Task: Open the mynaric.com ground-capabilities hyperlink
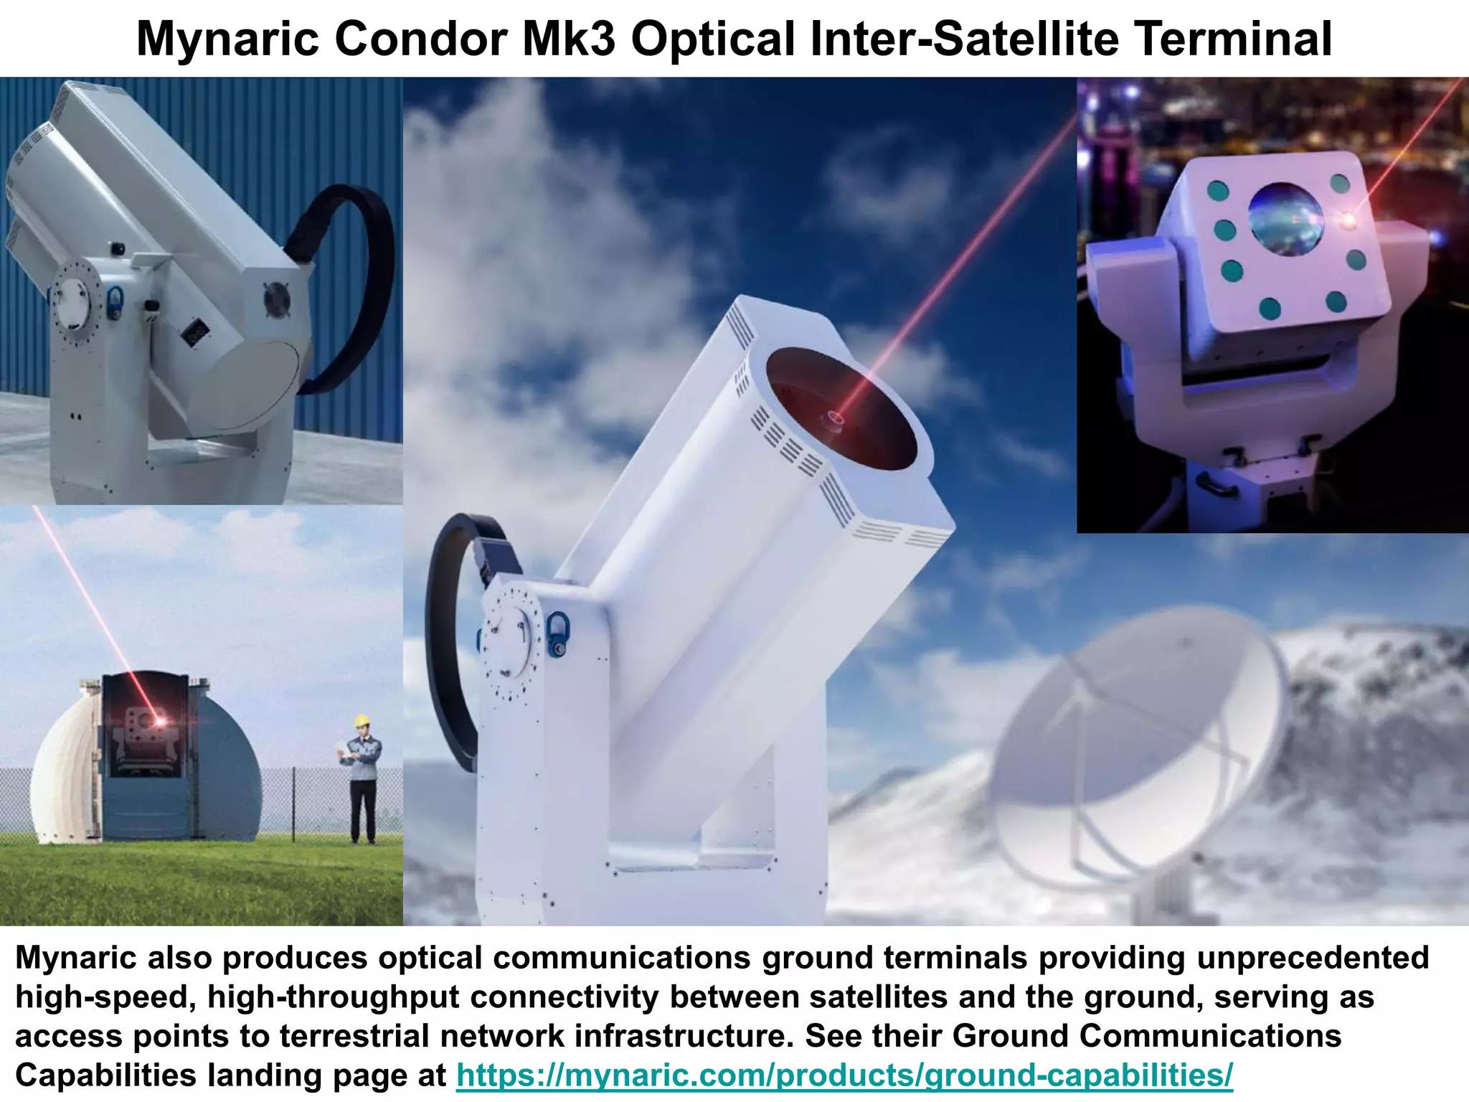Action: coord(844,1075)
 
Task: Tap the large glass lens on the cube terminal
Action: coord(1285,219)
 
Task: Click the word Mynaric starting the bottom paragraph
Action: coord(76,958)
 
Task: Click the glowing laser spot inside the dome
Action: coord(159,720)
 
